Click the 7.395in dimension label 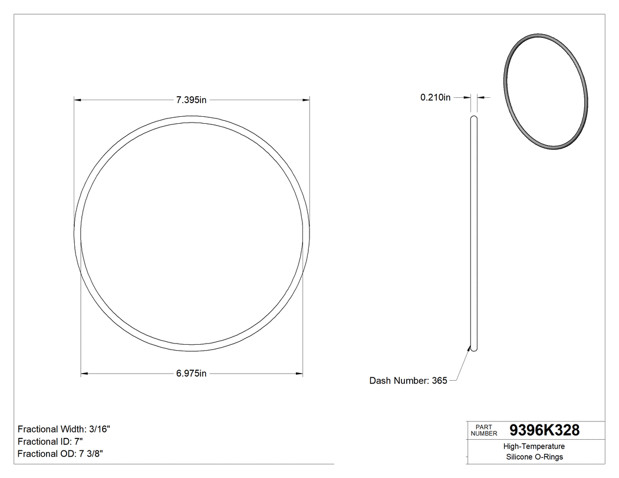[192, 100]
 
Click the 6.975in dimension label [192, 373]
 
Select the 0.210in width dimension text [435, 97]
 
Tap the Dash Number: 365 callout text [408, 381]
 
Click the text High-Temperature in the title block [534, 446]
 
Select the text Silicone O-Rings [534, 457]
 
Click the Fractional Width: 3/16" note [64, 429]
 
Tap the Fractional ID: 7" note [50, 441]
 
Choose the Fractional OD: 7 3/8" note [61, 454]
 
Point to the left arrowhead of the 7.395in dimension [77, 100]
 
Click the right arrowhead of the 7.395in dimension [307, 100]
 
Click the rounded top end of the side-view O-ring [474, 118]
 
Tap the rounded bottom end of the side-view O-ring [474, 349]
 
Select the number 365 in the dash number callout [439, 381]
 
